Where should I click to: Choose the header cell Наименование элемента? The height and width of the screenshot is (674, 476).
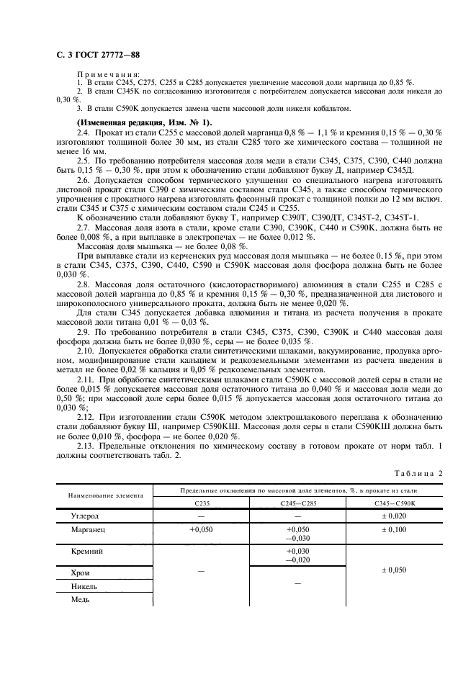pyautogui.click(x=106, y=495)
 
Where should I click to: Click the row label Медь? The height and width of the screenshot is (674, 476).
pyautogui.click(x=81, y=597)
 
